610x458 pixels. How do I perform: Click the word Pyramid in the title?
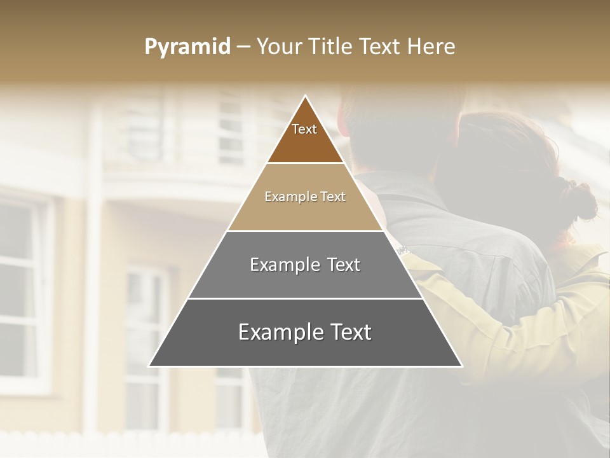tap(187, 47)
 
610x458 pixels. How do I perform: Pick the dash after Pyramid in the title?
tap(243, 47)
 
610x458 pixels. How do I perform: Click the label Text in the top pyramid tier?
tap(304, 129)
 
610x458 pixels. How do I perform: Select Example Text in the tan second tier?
tap(305, 197)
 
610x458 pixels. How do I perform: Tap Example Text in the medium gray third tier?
tap(305, 265)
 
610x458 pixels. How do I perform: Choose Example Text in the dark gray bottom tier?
tap(305, 332)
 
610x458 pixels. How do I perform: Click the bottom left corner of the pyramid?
tap(150, 366)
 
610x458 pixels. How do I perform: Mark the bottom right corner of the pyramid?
tap(461, 366)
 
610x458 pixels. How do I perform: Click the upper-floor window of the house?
tap(232, 127)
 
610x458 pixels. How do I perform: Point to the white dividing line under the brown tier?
tap(306, 163)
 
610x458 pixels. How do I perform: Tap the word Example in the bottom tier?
tap(271, 332)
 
